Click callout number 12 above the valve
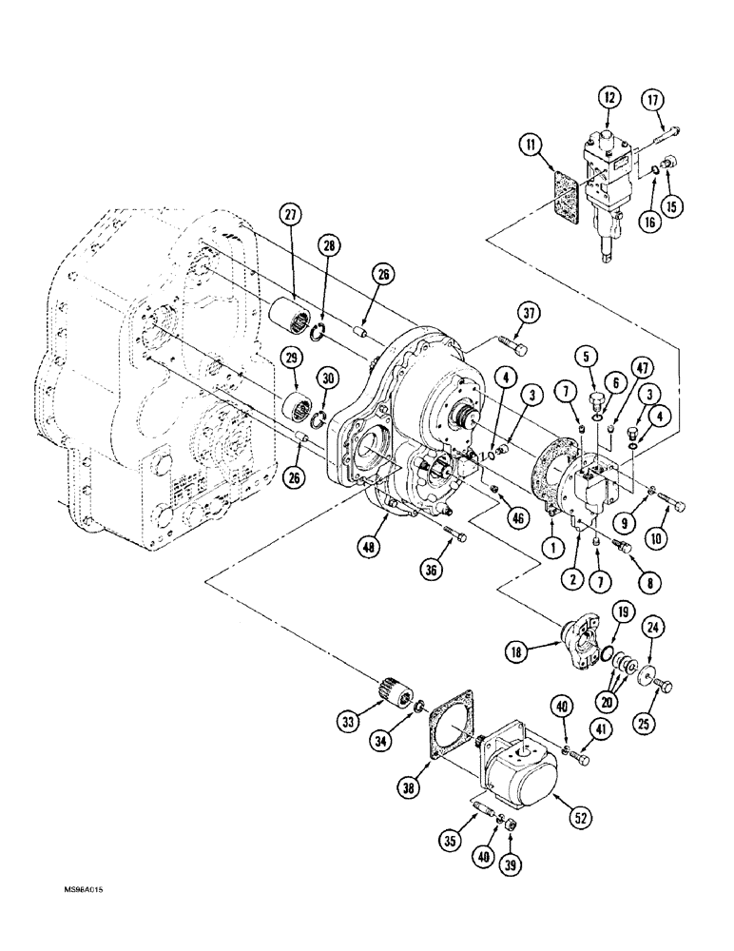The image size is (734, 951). (x=609, y=97)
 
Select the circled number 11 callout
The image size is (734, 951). (x=531, y=146)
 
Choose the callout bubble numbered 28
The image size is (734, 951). (x=329, y=246)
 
